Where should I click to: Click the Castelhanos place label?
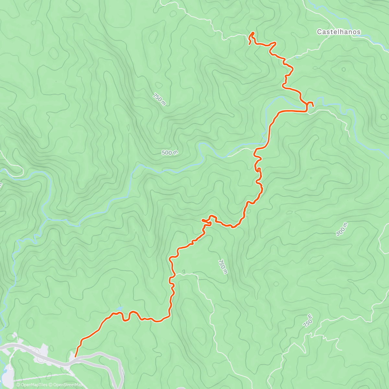[338, 32]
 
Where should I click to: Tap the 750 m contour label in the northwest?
[159, 100]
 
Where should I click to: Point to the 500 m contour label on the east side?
[342, 229]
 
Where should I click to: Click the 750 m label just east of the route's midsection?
[223, 266]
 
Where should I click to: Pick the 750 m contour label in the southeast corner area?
[308, 321]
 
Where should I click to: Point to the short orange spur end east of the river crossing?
[313, 106]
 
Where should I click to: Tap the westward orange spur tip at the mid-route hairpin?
[202, 220]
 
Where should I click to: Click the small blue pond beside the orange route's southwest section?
[120, 308]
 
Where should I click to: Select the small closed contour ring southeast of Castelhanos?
[343, 69]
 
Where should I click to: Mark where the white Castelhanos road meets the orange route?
[285, 60]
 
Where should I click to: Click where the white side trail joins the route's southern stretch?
[175, 274]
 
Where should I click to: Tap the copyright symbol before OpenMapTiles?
[18, 385]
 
